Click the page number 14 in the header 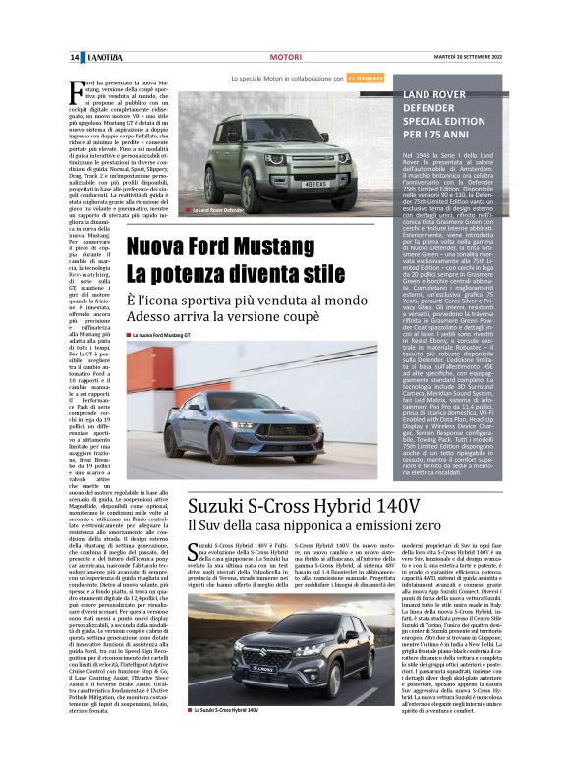tap(74, 58)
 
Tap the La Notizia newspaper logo tap(101, 58)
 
